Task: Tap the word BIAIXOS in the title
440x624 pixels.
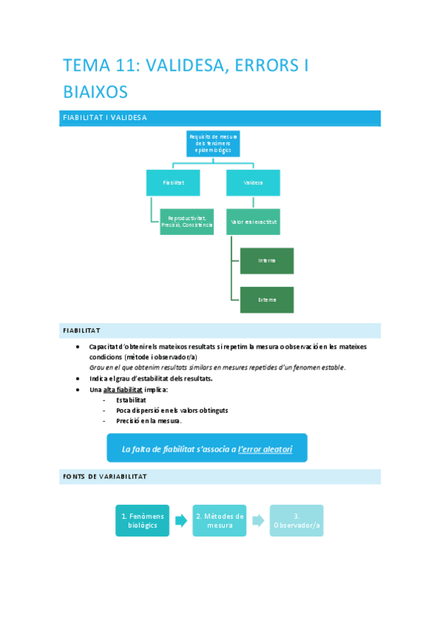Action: click(95, 92)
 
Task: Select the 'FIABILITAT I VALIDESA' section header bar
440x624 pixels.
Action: click(221, 118)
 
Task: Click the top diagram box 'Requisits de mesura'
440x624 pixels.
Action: click(213, 143)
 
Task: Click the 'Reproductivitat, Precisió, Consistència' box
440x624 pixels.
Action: click(187, 221)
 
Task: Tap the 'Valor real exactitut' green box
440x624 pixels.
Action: click(253, 221)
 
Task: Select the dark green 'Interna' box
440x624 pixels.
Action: click(267, 260)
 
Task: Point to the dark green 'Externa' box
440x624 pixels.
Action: click(267, 299)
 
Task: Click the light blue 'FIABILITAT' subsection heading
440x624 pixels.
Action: click(221, 330)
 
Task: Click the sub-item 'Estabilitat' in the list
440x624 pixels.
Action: click(131, 400)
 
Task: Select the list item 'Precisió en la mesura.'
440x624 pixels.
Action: click(148, 421)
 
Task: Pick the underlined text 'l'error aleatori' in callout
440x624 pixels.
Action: click(265, 448)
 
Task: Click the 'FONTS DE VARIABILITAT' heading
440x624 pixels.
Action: click(221, 477)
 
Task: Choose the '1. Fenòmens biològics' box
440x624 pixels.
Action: click(142, 520)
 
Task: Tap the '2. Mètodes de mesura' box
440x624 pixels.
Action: click(220, 520)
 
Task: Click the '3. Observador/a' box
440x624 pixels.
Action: click(297, 520)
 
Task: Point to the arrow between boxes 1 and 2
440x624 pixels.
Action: click(181, 521)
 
